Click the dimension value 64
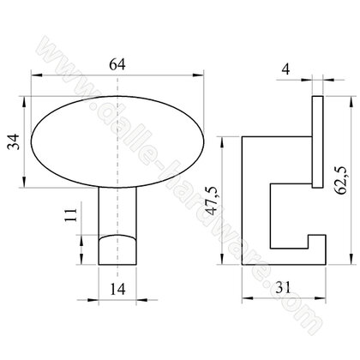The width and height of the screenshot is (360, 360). [x=117, y=64]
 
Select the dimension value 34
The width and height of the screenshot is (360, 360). [x=14, y=141]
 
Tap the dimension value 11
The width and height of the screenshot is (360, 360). [x=71, y=215]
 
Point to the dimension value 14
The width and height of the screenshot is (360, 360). [x=117, y=289]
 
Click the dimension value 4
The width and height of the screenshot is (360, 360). [x=285, y=69]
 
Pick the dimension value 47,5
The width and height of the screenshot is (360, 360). [x=213, y=200]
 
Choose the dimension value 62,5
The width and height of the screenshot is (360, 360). [x=341, y=180]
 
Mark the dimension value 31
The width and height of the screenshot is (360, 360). [x=283, y=287]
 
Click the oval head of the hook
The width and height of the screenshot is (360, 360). [x=117, y=141]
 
